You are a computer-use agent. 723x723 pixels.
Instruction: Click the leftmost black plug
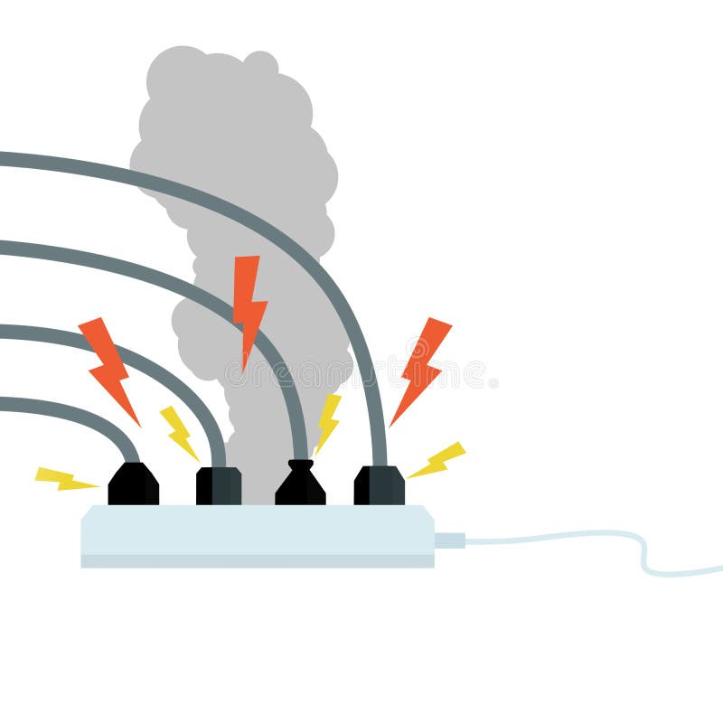pyautogui.click(x=133, y=486)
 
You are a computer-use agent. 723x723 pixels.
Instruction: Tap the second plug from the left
pyautogui.click(x=219, y=486)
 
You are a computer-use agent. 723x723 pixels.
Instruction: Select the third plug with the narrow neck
pyautogui.click(x=300, y=485)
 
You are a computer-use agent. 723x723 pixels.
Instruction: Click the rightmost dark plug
pyautogui.click(x=380, y=486)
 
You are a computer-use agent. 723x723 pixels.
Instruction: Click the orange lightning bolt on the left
pyautogui.click(x=108, y=366)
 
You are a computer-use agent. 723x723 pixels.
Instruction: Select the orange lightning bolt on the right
pyautogui.click(x=421, y=366)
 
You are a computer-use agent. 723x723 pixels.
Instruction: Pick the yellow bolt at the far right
pyautogui.click(x=438, y=460)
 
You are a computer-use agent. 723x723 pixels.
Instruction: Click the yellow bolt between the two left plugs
pyautogui.click(x=179, y=432)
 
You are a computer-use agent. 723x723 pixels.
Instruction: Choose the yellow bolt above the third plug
pyautogui.click(x=327, y=420)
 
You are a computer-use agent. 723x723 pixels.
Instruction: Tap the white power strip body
pyautogui.click(x=258, y=531)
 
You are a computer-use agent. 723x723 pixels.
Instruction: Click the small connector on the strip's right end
pyautogui.click(x=449, y=540)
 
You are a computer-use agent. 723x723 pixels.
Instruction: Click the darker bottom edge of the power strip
pyautogui.click(x=258, y=561)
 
